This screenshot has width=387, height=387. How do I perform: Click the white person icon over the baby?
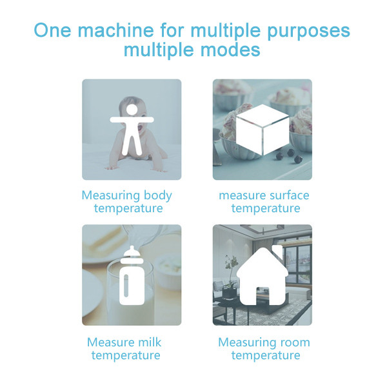(x=132, y=130)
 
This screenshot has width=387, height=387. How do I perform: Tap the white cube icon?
(x=263, y=130)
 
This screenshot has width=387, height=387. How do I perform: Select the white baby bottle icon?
(x=132, y=275)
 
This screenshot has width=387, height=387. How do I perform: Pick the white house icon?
(x=262, y=275)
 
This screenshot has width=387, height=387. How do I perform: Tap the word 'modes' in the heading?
(x=230, y=50)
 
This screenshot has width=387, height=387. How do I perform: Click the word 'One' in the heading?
(x=53, y=30)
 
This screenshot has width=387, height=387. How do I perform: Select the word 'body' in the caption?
(x=158, y=196)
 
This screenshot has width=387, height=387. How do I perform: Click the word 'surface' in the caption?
(x=289, y=195)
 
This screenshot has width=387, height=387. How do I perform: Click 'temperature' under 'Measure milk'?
(x=126, y=355)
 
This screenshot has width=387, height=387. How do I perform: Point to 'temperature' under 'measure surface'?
(x=266, y=208)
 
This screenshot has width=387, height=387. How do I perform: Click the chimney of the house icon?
(x=277, y=250)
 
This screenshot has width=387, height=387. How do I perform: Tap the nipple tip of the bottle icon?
(x=132, y=248)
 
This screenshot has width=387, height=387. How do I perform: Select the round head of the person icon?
(x=132, y=110)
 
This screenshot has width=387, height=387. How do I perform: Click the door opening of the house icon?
(x=262, y=297)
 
